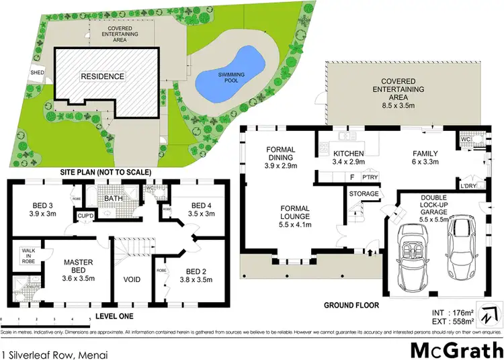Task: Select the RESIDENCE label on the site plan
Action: (x=102, y=77)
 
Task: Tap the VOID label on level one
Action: (x=132, y=279)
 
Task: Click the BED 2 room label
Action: (x=196, y=275)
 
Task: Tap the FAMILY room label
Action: (x=425, y=157)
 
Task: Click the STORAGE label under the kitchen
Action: (x=364, y=194)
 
